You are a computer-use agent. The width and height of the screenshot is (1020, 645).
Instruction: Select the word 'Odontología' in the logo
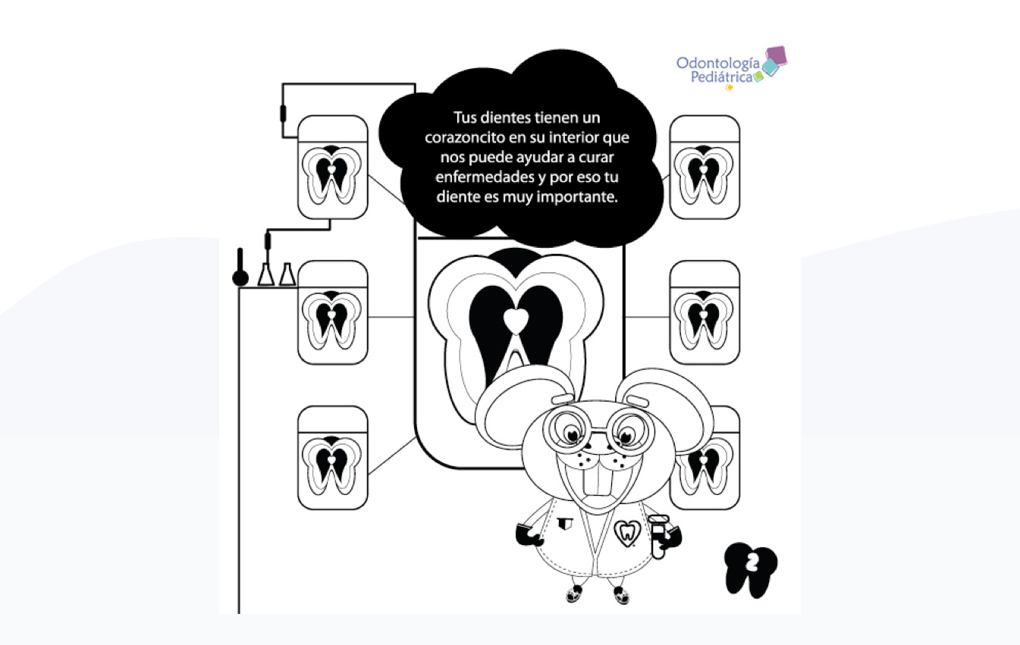point(718,64)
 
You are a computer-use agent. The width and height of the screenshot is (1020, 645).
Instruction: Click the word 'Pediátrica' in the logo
point(722,77)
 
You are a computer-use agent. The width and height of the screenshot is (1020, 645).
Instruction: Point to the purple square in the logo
point(777,56)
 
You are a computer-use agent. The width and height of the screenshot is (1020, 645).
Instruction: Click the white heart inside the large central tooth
point(516,320)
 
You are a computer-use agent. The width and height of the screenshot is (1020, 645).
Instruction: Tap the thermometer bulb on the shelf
point(240,277)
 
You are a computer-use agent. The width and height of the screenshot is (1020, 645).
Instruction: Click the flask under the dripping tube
point(266,274)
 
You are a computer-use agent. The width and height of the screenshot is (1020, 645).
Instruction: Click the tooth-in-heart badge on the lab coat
point(627,533)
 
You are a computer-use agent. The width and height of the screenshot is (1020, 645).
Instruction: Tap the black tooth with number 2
point(751,569)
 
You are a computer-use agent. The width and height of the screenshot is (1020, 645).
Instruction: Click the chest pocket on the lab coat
point(565,524)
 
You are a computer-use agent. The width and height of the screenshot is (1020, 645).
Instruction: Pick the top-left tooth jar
point(332,168)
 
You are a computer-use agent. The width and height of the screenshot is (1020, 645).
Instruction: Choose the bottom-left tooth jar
point(332,458)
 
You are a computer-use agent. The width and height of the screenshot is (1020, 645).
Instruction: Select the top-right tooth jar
point(705,168)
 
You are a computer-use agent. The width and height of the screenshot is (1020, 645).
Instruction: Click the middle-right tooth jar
point(705,313)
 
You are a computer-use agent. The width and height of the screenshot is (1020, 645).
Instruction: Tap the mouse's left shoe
point(575,593)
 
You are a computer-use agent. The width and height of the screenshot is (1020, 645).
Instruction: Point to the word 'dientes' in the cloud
point(505,118)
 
